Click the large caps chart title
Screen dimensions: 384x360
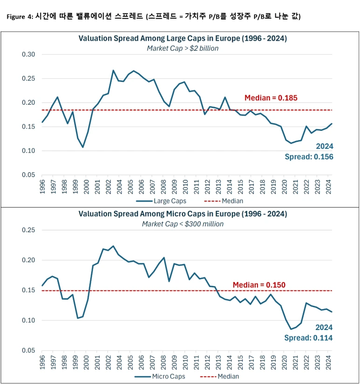[x=183, y=39]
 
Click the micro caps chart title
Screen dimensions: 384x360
[x=183, y=214]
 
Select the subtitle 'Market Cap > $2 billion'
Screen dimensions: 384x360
[x=183, y=48]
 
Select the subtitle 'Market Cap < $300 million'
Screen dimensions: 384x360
[x=183, y=224]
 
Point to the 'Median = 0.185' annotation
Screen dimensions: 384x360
[x=271, y=98]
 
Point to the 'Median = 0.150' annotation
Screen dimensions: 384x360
[x=259, y=285]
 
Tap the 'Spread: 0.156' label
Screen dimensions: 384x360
[x=309, y=157]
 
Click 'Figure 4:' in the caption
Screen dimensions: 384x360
[x=20, y=17]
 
